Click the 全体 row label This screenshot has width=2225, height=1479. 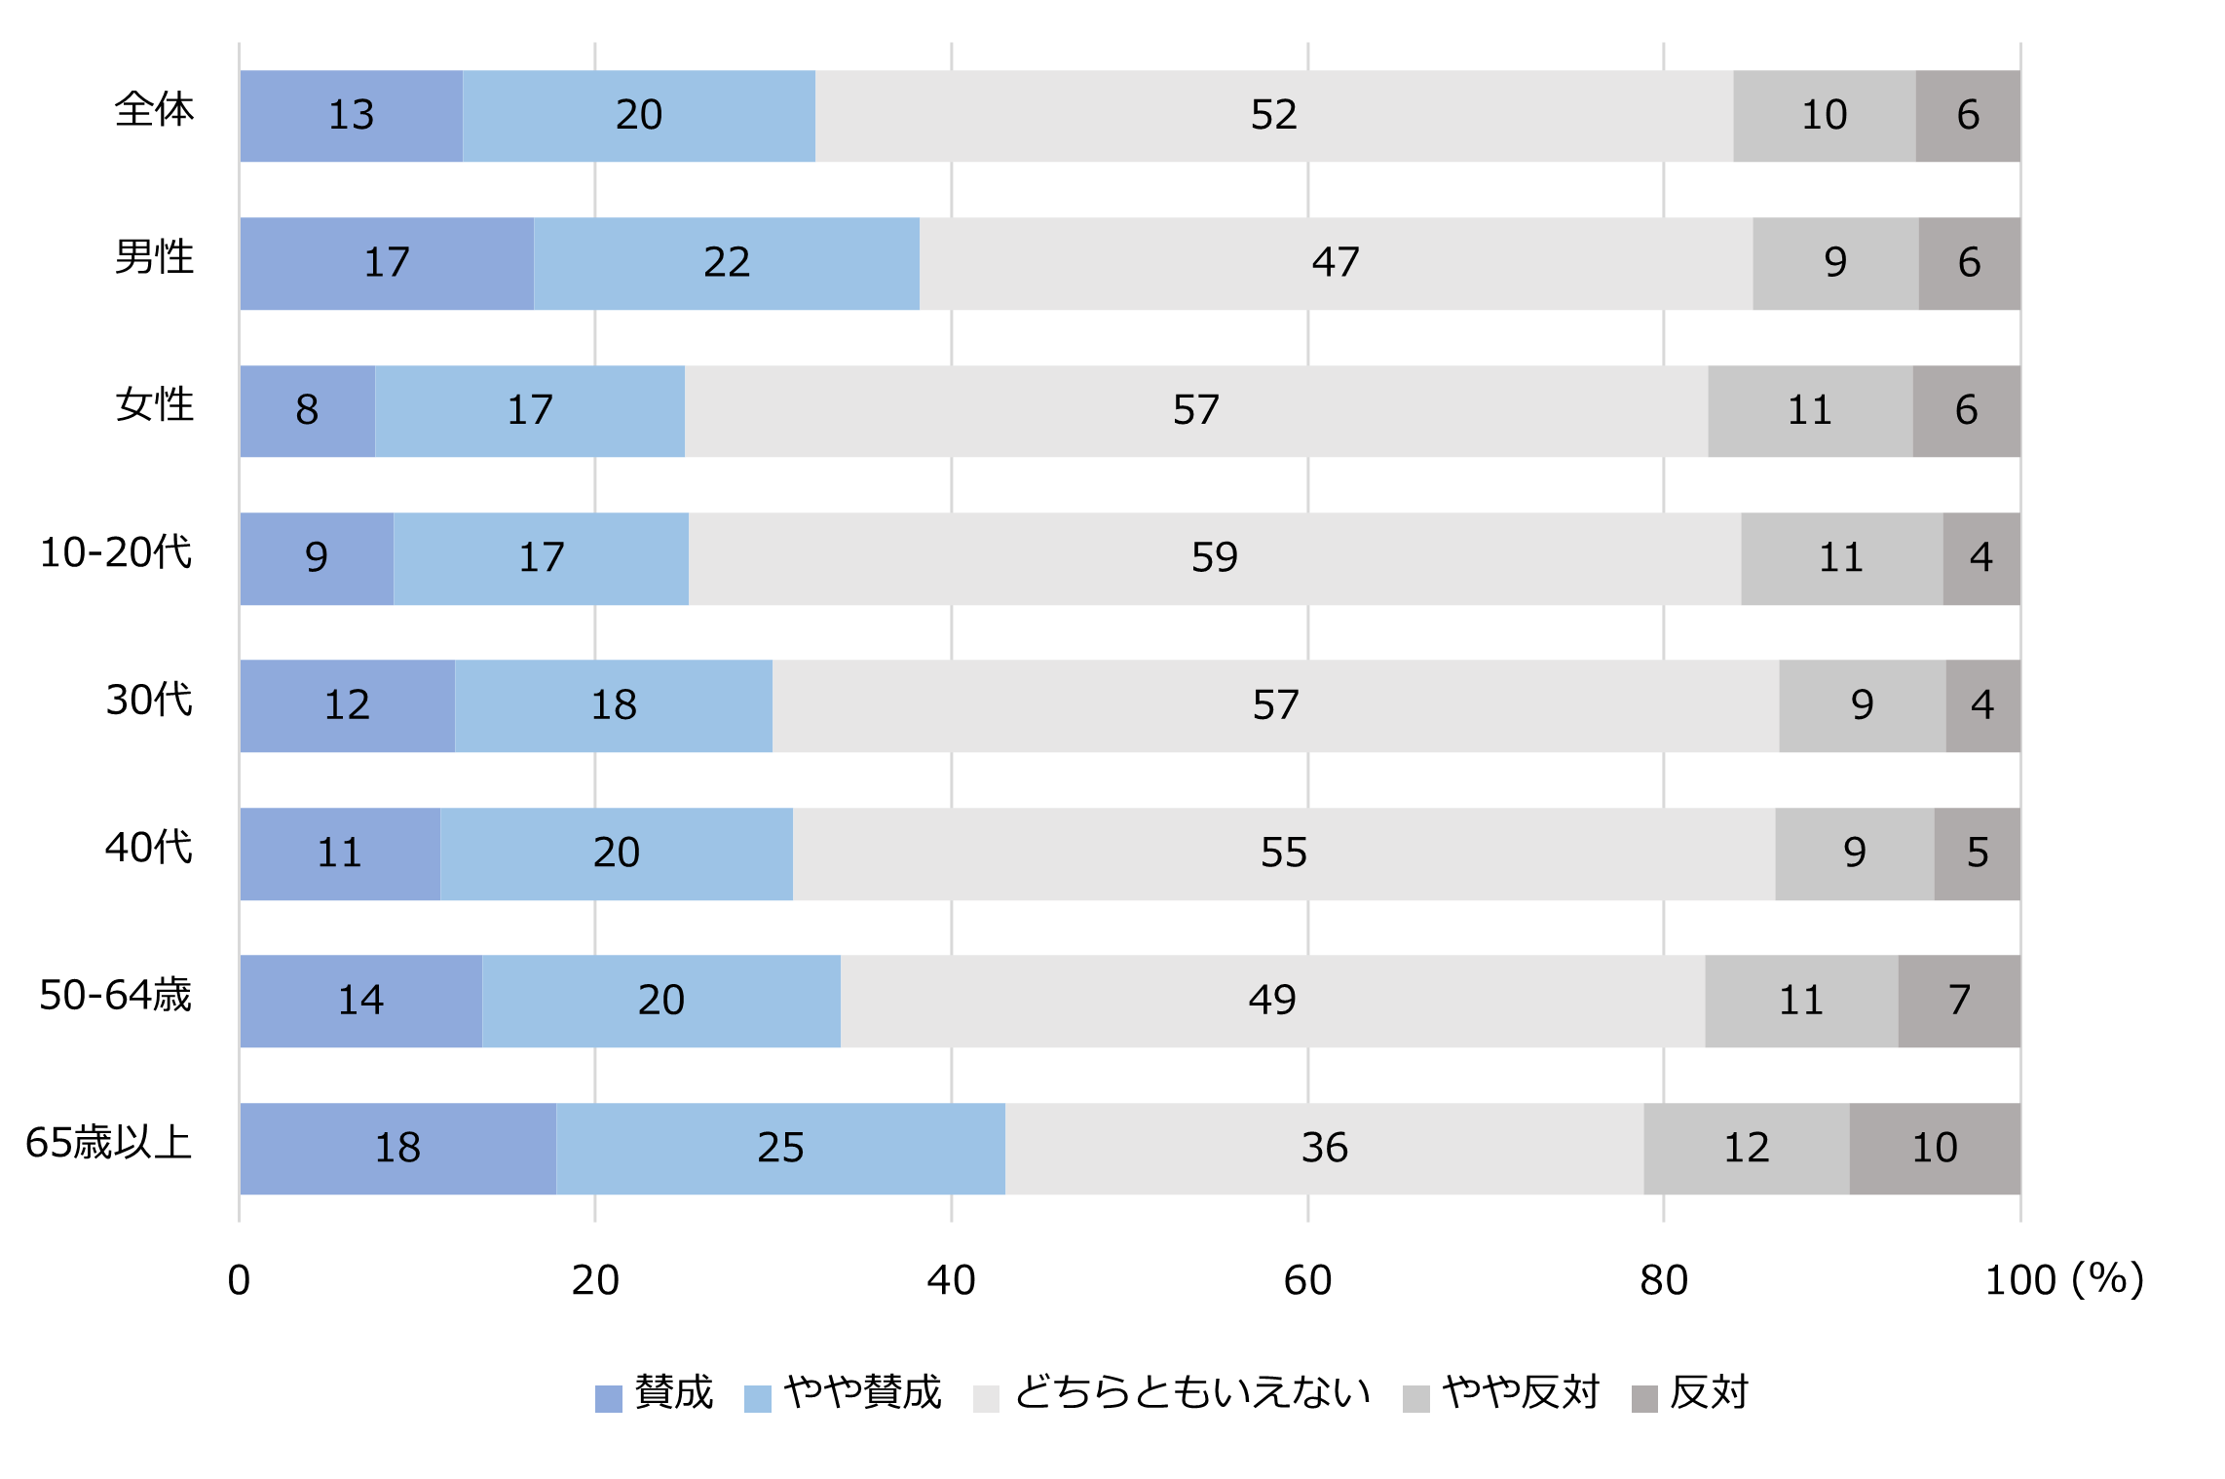click(x=154, y=110)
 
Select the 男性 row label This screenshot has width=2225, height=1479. click(x=154, y=258)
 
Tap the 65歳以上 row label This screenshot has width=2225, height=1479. click(x=108, y=1143)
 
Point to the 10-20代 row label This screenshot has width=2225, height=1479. click(x=115, y=553)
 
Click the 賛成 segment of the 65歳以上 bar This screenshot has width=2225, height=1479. click(x=397, y=1149)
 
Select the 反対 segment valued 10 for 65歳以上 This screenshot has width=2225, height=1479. click(x=1934, y=1149)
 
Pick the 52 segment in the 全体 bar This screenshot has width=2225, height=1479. click(x=1273, y=116)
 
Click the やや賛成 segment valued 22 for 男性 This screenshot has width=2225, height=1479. click(x=726, y=263)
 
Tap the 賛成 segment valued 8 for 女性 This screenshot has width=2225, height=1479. click(x=307, y=411)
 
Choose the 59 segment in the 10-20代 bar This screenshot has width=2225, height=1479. click(x=1214, y=558)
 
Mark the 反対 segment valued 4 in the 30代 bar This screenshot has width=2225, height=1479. click(x=1982, y=705)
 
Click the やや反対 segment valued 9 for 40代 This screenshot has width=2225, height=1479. click(x=1854, y=853)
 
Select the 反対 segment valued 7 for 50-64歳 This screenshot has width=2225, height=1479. click(x=1958, y=1001)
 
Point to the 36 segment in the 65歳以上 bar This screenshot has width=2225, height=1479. click(x=1324, y=1149)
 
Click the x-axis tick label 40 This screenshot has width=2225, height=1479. click(x=951, y=1280)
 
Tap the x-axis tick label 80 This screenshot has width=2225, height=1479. click(x=1663, y=1280)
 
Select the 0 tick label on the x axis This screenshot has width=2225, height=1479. click(x=239, y=1280)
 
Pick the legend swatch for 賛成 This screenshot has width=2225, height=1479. click(x=608, y=1398)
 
